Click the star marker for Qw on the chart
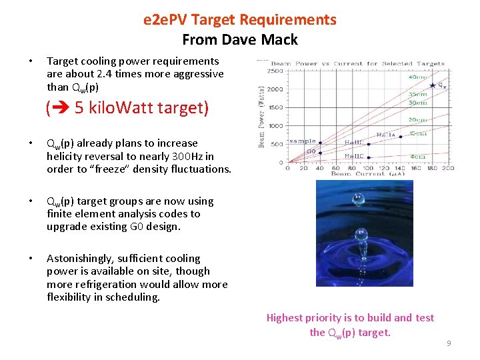(x=433, y=85)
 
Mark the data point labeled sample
(x=320, y=143)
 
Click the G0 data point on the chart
(x=320, y=153)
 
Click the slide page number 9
(x=449, y=343)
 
